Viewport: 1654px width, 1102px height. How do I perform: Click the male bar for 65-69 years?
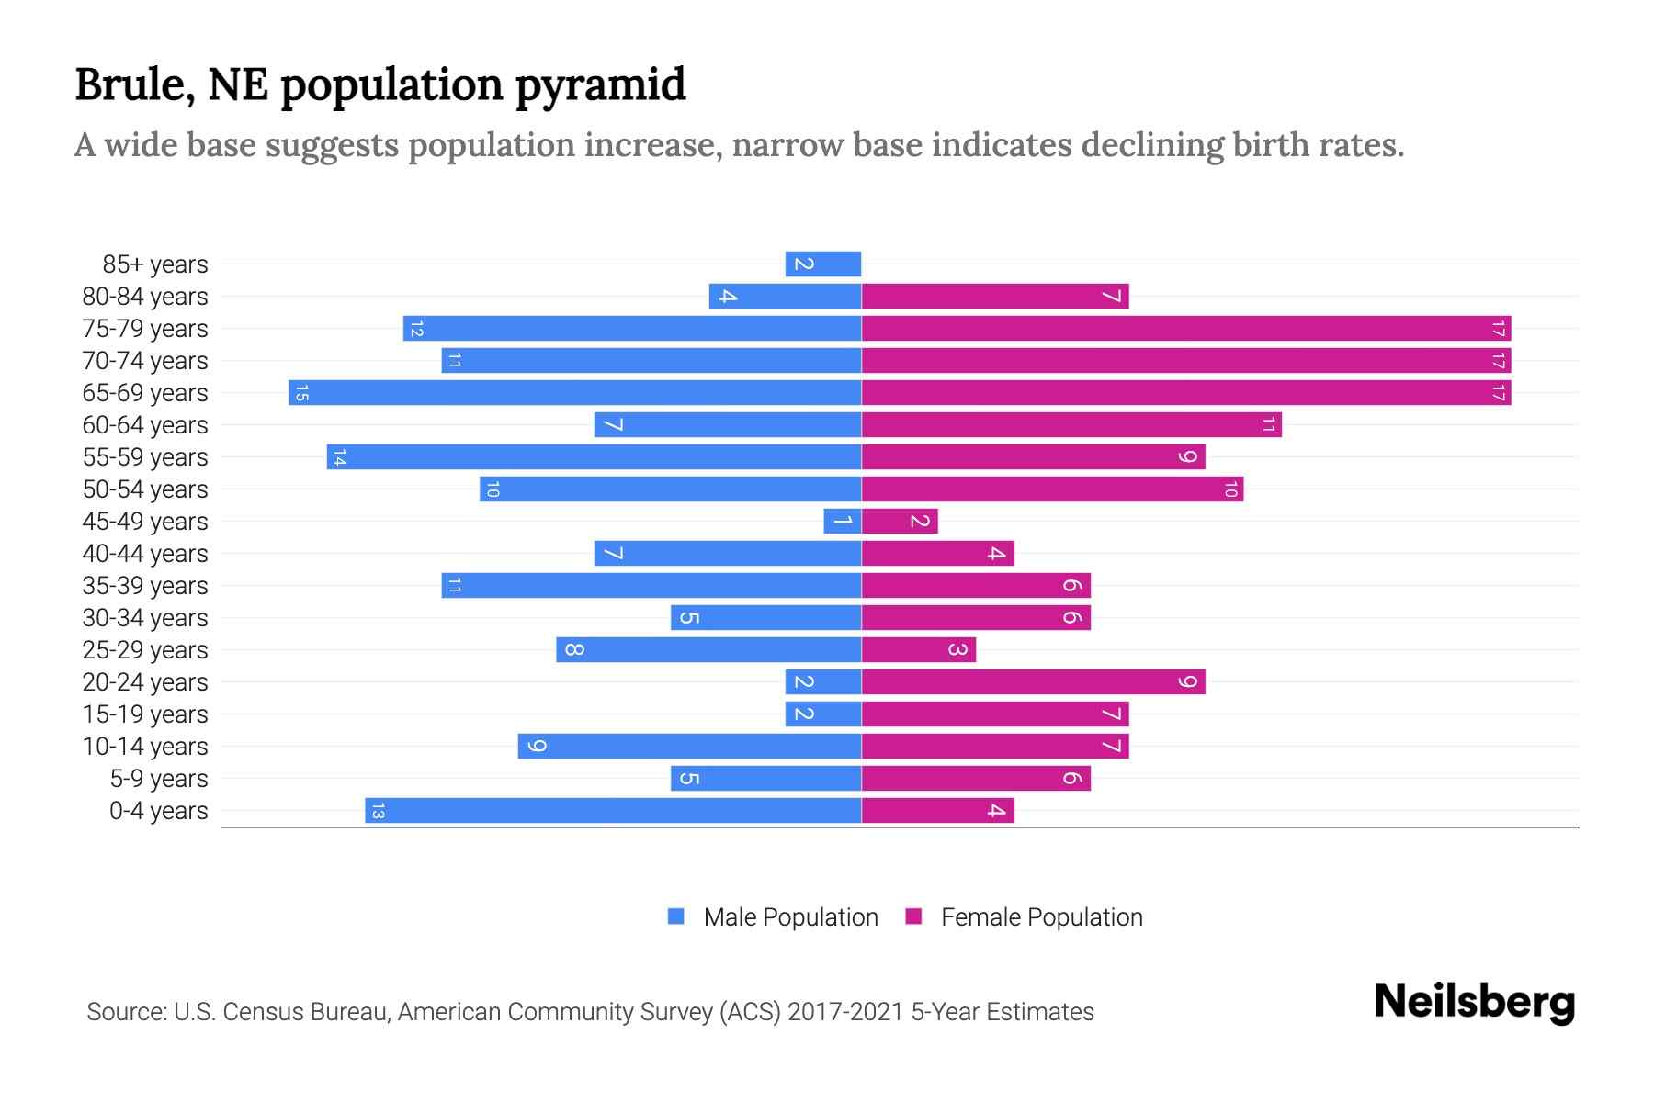(x=574, y=393)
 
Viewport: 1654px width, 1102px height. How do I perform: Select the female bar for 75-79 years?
(x=1185, y=329)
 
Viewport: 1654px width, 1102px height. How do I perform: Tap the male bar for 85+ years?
(x=822, y=264)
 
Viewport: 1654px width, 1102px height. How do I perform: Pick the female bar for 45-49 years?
(x=900, y=522)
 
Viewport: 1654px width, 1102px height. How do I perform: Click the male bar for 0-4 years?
(x=613, y=811)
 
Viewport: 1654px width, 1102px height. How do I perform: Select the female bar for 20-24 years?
(x=1033, y=682)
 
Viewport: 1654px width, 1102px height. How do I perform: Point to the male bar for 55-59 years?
(x=594, y=457)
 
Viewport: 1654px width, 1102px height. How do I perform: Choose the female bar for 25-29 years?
(x=919, y=650)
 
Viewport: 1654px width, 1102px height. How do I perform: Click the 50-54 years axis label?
(x=145, y=489)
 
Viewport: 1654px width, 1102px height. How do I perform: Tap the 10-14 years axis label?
(x=145, y=747)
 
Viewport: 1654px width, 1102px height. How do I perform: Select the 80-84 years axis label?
(x=145, y=297)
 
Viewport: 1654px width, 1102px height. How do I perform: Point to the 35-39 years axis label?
(x=145, y=586)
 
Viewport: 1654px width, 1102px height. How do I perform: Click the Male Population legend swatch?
(x=676, y=916)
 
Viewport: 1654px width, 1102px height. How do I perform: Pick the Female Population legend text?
(x=1041, y=917)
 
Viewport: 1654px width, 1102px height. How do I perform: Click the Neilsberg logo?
(x=1474, y=1002)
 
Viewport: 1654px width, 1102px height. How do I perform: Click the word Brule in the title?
(x=134, y=84)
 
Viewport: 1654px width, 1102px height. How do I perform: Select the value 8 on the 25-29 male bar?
(x=573, y=650)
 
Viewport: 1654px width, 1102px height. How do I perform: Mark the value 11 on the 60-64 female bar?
(x=1268, y=425)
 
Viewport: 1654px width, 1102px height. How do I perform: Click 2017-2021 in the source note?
(x=845, y=1012)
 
